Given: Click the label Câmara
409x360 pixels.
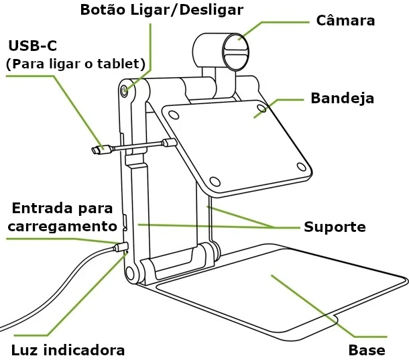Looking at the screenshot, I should point(345,21).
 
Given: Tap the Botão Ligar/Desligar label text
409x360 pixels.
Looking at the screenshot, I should point(161,9).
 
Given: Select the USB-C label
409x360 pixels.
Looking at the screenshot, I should point(33,46).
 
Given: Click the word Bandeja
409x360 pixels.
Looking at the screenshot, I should point(342,99).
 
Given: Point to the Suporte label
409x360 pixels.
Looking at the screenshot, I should point(335,227).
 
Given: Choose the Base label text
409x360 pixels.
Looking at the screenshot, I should point(367,350).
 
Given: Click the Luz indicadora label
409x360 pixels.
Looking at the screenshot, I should point(68,350).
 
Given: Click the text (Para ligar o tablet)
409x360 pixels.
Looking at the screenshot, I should point(75,64).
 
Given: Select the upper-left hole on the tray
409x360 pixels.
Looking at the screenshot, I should point(174,115).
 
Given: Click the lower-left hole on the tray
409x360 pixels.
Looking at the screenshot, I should point(215,181).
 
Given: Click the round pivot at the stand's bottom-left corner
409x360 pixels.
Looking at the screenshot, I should point(131,272).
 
